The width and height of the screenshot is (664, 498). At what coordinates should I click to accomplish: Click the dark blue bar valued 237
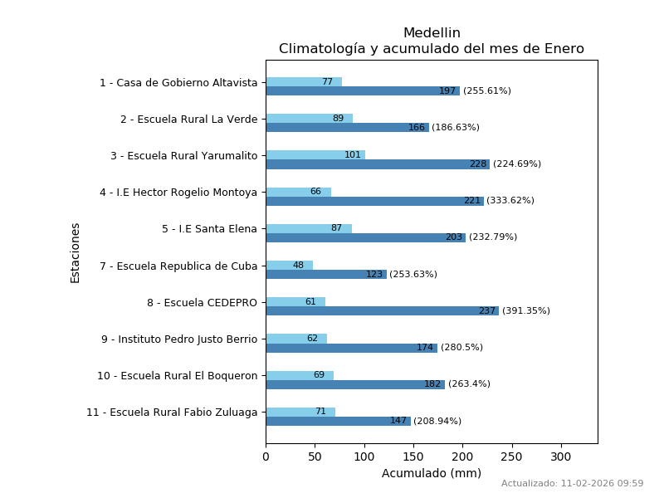coord(382,311)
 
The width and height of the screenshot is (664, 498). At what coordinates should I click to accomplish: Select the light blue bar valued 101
coord(315,155)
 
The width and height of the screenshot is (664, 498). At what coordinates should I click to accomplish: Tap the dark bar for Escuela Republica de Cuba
coord(326,275)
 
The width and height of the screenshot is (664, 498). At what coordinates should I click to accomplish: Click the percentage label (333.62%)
coord(510,201)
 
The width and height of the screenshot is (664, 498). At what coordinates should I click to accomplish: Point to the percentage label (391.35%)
coord(526,311)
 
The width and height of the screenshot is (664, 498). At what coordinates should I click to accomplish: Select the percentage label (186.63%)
coord(456,128)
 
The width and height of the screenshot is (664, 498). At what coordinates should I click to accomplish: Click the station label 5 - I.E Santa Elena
coord(209,229)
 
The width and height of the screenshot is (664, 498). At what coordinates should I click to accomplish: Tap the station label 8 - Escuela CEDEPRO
coord(202,303)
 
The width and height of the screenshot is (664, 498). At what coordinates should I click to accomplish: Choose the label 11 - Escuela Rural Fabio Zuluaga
coord(172,413)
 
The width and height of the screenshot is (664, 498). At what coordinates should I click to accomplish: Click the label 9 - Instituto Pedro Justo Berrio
coord(179,339)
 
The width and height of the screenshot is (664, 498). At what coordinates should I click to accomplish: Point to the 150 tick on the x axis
coord(413,456)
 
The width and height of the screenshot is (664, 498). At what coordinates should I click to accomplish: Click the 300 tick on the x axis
coord(561,456)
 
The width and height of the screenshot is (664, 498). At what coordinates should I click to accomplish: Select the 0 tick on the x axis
coord(266,456)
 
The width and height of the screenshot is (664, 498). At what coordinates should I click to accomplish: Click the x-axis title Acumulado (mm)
coord(431,474)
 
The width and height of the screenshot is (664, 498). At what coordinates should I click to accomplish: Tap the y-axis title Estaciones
coord(76,253)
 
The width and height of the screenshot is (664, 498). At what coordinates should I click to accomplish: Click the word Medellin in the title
coord(432,33)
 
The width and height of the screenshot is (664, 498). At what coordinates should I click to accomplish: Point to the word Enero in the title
coord(564,49)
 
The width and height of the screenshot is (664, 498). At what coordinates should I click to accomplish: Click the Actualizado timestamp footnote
coord(572,484)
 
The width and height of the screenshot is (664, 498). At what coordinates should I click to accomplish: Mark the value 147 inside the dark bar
coord(398,422)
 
